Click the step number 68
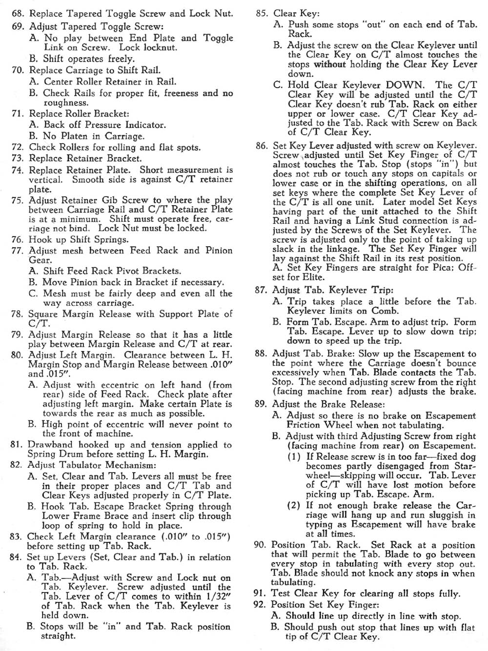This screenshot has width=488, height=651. (x=18, y=14)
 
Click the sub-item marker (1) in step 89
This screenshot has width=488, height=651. (x=294, y=456)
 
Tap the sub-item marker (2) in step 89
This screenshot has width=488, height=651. (x=294, y=506)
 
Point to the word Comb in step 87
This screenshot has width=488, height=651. (x=385, y=311)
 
